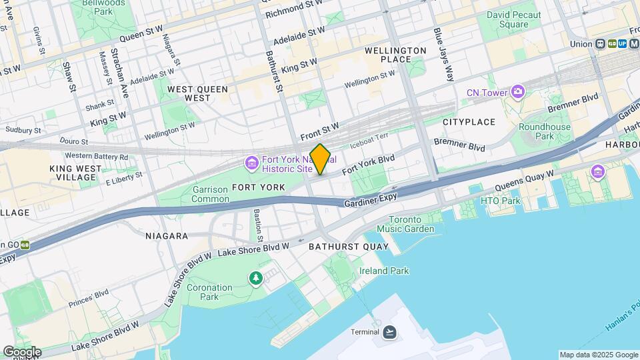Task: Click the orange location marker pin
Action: pos(321,159)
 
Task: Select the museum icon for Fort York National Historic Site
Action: pos(251,163)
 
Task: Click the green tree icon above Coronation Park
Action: pos(255,278)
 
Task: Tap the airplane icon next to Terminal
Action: pos(390,331)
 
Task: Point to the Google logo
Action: pos(21,352)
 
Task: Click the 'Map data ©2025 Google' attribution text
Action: pos(598,355)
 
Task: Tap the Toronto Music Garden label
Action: pos(405,224)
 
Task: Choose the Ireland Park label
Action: pos(384,271)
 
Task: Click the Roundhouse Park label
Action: pos(545,131)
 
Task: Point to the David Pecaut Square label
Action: pos(516,19)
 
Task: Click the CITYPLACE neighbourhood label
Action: pos(469,122)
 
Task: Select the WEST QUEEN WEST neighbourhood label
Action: pos(189,93)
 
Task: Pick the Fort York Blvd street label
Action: pos(368,165)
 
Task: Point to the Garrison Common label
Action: pos(210,193)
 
